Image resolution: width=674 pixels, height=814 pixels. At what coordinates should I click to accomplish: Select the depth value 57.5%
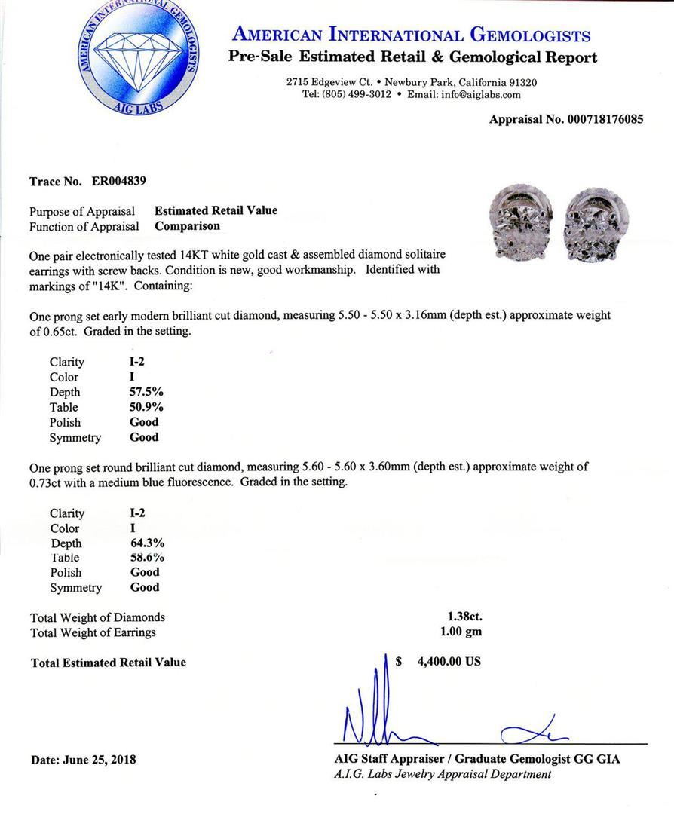point(147,392)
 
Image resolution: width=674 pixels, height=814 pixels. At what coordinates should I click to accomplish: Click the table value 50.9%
point(147,407)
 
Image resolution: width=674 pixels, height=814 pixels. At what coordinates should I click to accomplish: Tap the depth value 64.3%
point(148,543)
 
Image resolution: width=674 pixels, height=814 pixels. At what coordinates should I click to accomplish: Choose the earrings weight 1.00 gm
point(461,632)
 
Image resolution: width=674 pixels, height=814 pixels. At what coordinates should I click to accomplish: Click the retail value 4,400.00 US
point(449,662)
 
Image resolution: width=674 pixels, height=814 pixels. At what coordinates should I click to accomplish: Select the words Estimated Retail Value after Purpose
point(216,210)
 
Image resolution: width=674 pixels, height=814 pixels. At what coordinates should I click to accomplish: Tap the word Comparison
point(188,225)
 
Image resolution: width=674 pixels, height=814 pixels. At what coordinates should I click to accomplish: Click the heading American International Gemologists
point(412,35)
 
